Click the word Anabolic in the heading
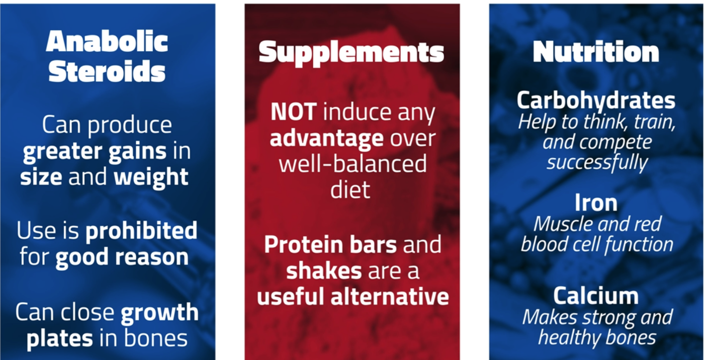(x=107, y=41)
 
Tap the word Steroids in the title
(x=107, y=71)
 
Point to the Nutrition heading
(x=596, y=51)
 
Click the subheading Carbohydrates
(x=596, y=100)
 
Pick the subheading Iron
(x=596, y=203)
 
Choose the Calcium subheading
(x=596, y=296)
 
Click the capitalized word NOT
(x=294, y=112)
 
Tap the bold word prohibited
(x=142, y=230)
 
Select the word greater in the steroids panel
(x=63, y=152)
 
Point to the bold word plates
(x=60, y=339)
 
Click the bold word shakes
(x=324, y=270)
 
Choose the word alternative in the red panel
(x=390, y=296)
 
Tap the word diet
(x=350, y=190)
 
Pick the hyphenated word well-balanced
(x=353, y=164)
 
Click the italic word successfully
(x=597, y=163)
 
